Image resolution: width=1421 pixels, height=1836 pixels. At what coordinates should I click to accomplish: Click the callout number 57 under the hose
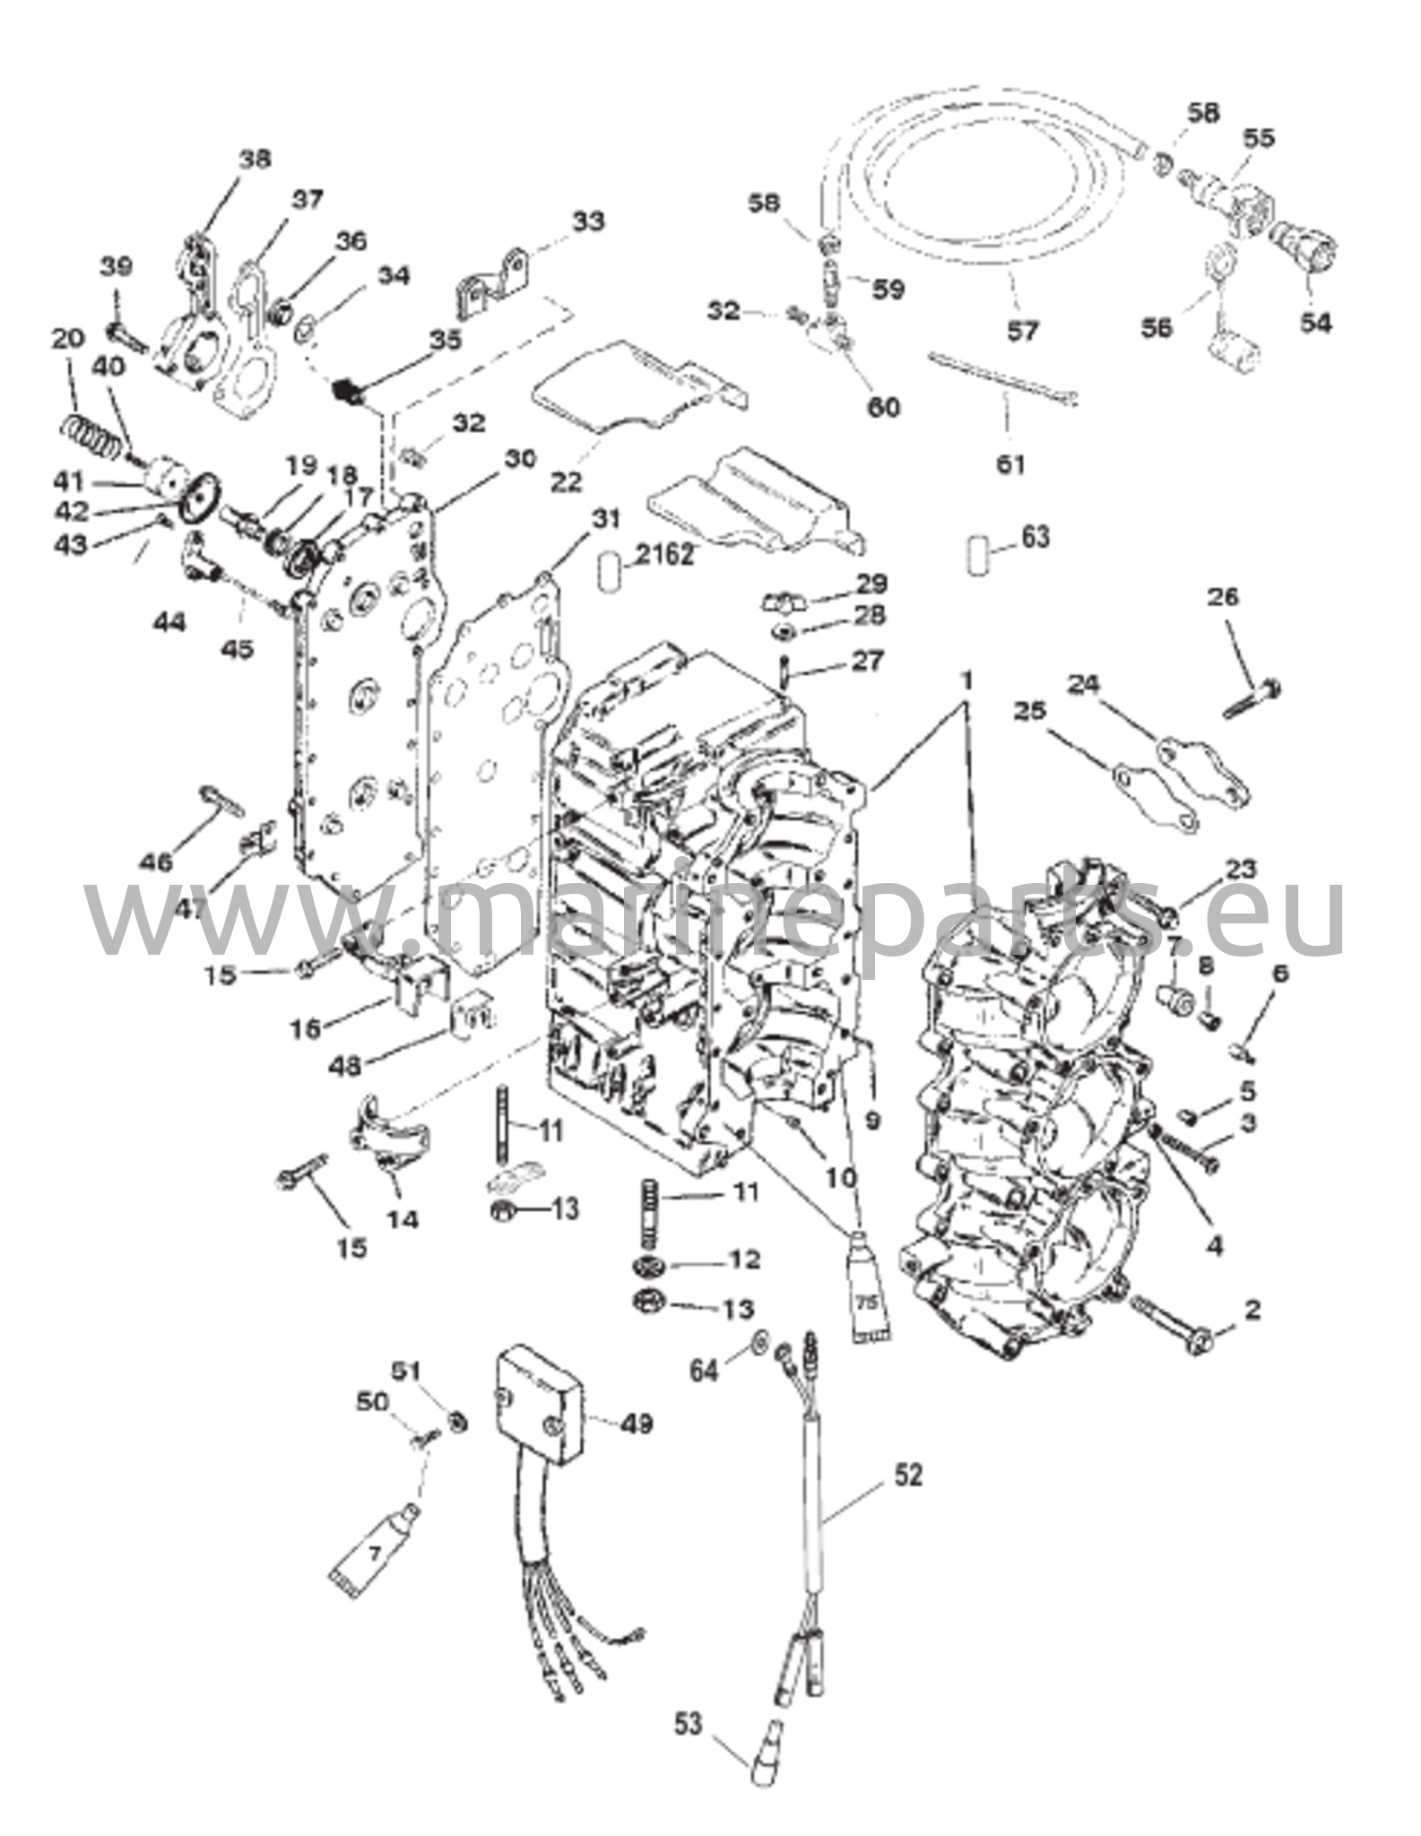coord(1022,331)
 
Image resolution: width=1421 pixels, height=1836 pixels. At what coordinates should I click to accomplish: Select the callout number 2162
coord(663,555)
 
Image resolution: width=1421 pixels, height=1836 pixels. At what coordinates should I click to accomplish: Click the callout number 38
coord(255,160)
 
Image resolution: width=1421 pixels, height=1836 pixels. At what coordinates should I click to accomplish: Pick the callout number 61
coord(1010,464)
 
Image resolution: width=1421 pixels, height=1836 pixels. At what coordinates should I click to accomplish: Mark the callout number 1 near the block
coord(966,681)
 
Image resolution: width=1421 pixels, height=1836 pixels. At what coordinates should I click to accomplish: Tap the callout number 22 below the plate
coord(566,481)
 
